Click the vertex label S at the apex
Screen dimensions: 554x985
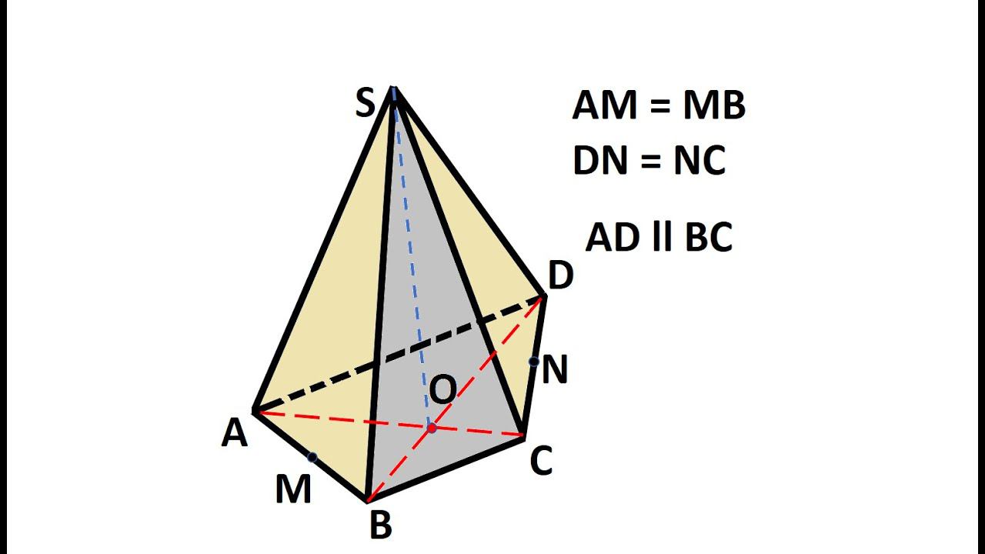(365, 104)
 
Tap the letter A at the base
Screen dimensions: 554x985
(235, 434)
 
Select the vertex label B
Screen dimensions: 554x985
(381, 526)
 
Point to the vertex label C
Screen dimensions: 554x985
(541, 462)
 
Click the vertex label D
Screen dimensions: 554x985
(560, 275)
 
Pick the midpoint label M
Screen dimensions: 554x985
(293, 489)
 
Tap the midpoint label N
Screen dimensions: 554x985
(554, 370)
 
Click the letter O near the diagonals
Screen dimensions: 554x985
(442, 391)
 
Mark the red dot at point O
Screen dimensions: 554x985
(432, 428)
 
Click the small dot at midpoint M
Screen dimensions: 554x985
(312, 458)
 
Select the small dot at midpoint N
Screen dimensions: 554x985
(533, 361)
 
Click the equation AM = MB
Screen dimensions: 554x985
(659, 105)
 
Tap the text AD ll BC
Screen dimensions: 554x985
(659, 238)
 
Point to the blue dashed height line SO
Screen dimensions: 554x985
(412, 254)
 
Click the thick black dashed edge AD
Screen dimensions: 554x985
(400, 354)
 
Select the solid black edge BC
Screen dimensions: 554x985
(446, 469)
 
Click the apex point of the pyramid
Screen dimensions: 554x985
(393, 88)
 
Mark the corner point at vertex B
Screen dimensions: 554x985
(369, 500)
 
